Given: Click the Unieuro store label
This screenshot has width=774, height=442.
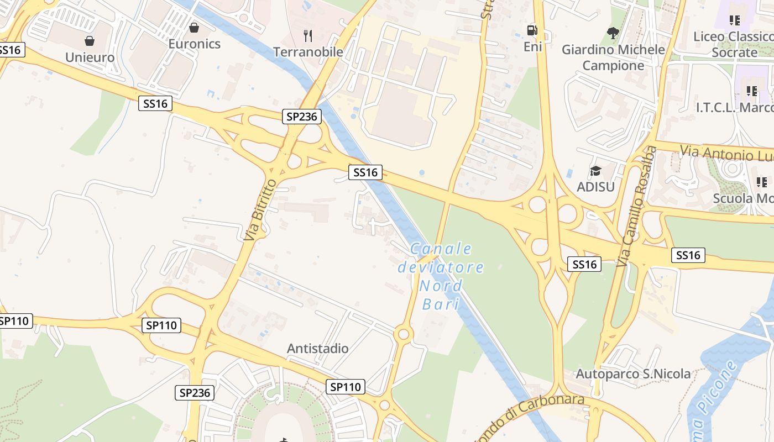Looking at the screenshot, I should point(90,57).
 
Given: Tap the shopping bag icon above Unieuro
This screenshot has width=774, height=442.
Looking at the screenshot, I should point(90,41).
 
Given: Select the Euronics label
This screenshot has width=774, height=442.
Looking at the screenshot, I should point(194,44).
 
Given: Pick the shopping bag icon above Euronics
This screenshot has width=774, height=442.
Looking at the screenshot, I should point(194,27).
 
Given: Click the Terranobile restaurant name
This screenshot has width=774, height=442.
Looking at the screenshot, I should point(308,52).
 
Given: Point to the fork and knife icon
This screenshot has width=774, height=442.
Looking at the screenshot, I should point(308,36).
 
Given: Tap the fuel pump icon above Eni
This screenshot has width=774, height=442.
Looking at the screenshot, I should point(532,30).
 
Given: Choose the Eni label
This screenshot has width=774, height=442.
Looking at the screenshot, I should point(532,47).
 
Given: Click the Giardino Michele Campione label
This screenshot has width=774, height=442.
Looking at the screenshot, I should point(613,57).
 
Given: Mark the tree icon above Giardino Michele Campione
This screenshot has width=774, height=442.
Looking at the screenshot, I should point(613,33).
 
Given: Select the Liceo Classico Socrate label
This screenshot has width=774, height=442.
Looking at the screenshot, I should point(734,45).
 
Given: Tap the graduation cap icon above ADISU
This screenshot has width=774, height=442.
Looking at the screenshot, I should point(595,171).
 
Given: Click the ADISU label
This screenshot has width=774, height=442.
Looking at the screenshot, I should point(595,187).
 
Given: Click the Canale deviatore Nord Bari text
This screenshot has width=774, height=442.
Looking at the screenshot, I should point(441,276).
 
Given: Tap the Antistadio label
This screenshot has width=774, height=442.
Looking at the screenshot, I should point(317,349).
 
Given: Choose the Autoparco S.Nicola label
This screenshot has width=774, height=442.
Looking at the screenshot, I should point(633,374).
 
